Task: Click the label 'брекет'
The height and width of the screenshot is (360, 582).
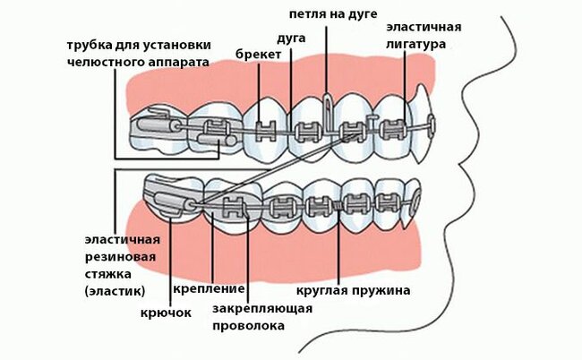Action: coord(259,55)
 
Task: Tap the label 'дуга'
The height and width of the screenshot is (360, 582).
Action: coord(293,39)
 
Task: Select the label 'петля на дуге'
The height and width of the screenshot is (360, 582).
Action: coord(334,14)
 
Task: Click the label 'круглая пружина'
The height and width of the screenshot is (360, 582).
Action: coord(353,290)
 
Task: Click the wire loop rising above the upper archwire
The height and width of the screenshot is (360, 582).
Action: coord(330,105)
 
